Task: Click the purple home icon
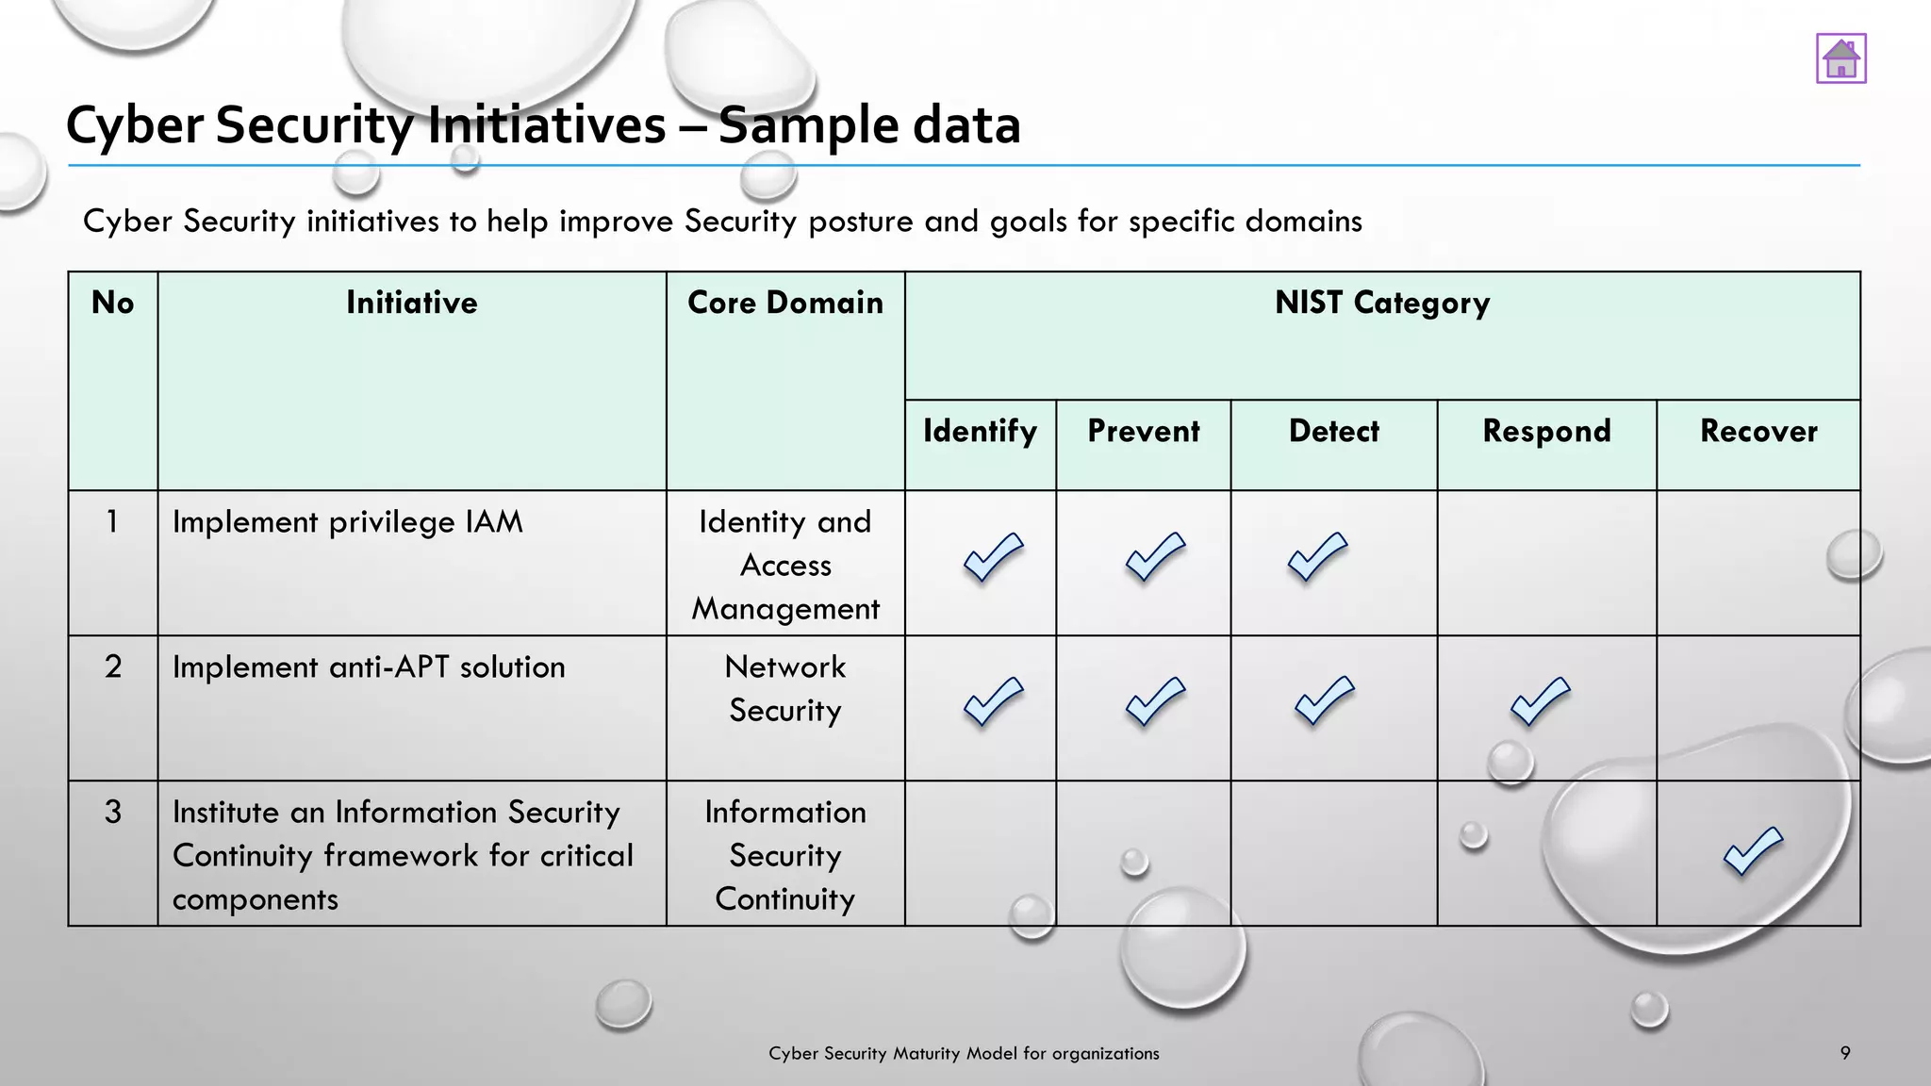pyautogui.click(x=1840, y=58)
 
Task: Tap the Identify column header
pyautogui.click(x=980, y=431)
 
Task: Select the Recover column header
pyautogui.click(x=1758, y=431)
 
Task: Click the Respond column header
pyautogui.click(x=1546, y=431)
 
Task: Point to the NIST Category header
pyautogui.click(x=1381, y=303)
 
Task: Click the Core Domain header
pyautogui.click(x=784, y=303)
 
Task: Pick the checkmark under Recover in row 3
pyautogui.click(x=1753, y=851)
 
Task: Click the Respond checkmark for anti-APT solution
pyautogui.click(x=1540, y=701)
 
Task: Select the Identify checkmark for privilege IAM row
pyautogui.click(x=993, y=557)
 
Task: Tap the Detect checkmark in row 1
pyautogui.click(x=1317, y=556)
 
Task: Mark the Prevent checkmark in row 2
pyautogui.click(x=1155, y=701)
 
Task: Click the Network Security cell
pyautogui.click(x=784, y=688)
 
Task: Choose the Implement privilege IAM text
pyautogui.click(x=347, y=522)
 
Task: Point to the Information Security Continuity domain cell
pyautogui.click(x=784, y=855)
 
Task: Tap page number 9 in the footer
pyautogui.click(x=1844, y=1053)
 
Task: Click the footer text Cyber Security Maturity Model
pyautogui.click(x=963, y=1053)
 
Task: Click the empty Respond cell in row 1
pyautogui.click(x=1546, y=563)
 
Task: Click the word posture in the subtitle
pyautogui.click(x=862, y=222)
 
